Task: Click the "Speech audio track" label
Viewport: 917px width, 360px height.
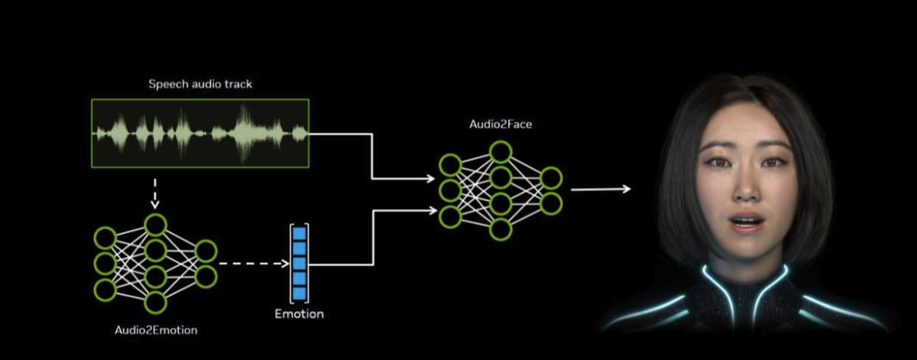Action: (x=199, y=84)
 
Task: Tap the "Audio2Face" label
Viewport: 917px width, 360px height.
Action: (x=501, y=124)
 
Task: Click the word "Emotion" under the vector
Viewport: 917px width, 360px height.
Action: (x=299, y=314)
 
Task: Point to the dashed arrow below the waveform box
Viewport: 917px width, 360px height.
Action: (x=155, y=193)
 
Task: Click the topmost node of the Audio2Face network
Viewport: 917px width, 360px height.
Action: (x=500, y=152)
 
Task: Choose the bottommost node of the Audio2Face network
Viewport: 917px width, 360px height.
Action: (x=500, y=229)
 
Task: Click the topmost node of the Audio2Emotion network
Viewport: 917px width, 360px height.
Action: (x=155, y=225)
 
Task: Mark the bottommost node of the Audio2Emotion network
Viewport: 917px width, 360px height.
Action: (x=155, y=303)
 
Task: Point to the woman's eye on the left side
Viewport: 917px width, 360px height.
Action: (x=718, y=162)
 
